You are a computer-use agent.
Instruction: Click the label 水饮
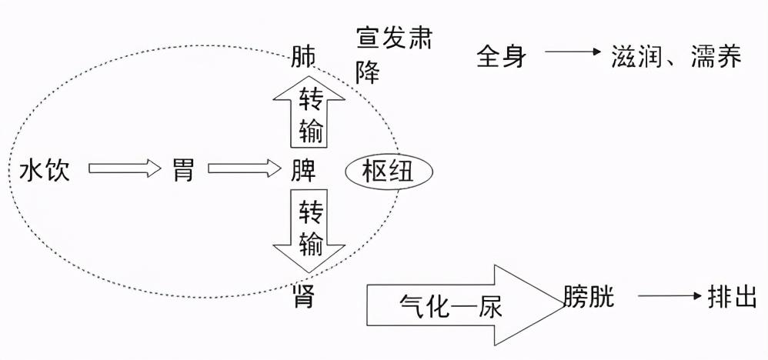click(x=45, y=170)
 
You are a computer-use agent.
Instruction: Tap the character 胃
click(x=184, y=170)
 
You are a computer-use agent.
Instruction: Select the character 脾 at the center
click(x=303, y=170)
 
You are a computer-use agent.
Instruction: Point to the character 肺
click(x=303, y=58)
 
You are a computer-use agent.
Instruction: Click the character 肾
click(x=304, y=295)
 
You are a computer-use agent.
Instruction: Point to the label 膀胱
click(x=589, y=296)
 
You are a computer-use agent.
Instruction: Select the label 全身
click(x=501, y=56)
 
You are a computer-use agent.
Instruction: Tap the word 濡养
click(x=716, y=56)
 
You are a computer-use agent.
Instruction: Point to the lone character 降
click(x=368, y=72)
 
